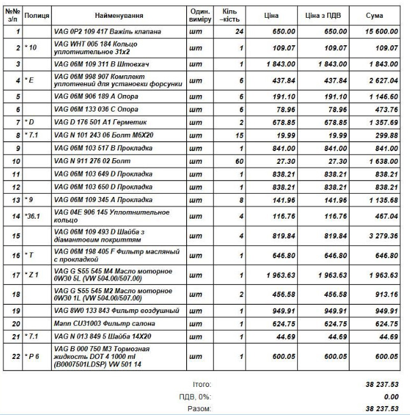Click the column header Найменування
click(x=119, y=15)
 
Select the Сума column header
click(x=375, y=15)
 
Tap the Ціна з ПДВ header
click(x=327, y=15)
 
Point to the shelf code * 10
click(x=31, y=48)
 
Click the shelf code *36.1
click(x=32, y=217)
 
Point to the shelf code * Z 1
click(x=33, y=275)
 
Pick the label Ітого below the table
click(x=201, y=385)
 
